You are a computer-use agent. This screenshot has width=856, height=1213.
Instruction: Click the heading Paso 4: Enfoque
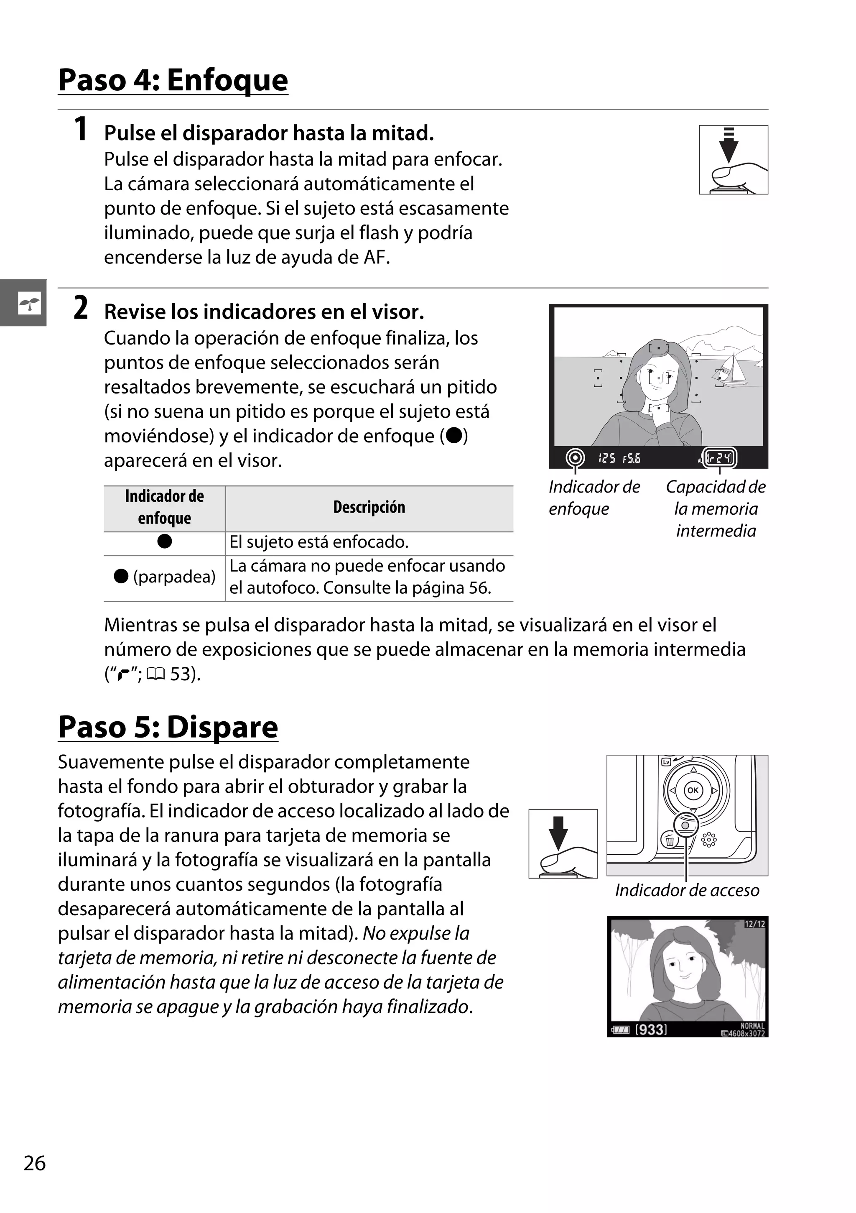[x=173, y=80]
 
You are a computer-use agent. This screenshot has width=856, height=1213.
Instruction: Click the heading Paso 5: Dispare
[x=168, y=727]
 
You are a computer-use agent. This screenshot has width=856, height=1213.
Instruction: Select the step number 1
[x=80, y=130]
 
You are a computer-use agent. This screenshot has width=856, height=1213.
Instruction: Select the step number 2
[x=80, y=308]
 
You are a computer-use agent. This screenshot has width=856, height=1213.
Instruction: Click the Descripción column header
[x=369, y=508]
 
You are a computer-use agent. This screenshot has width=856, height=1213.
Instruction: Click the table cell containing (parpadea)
[x=165, y=577]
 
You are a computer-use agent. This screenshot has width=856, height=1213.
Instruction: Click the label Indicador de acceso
[x=686, y=890]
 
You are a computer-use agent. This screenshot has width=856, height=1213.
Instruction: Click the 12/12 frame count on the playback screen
[x=754, y=924]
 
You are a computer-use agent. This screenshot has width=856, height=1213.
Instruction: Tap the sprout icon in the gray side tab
[x=29, y=303]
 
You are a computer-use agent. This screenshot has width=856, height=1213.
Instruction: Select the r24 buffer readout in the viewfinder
[x=720, y=457]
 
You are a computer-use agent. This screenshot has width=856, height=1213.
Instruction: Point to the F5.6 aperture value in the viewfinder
[x=632, y=459]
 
